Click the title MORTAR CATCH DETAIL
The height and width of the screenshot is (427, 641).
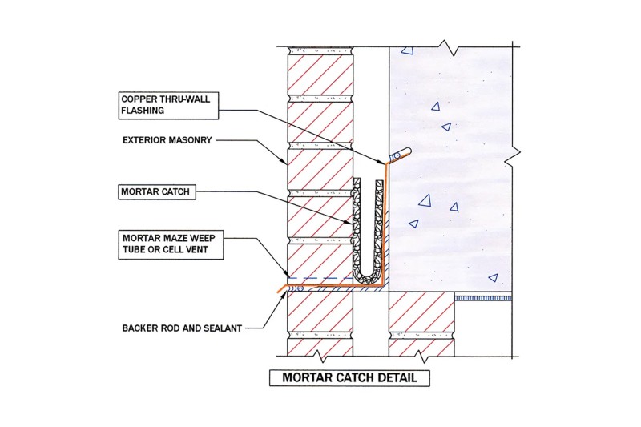pyautogui.click(x=345, y=377)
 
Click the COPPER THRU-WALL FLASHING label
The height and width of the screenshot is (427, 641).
pyautogui.click(x=159, y=107)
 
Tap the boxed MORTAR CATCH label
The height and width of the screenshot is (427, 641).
pyautogui.click(x=154, y=193)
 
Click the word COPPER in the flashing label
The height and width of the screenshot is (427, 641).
pyautogui.click(x=136, y=100)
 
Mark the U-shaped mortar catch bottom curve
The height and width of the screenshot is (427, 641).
pyautogui.click(x=369, y=276)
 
